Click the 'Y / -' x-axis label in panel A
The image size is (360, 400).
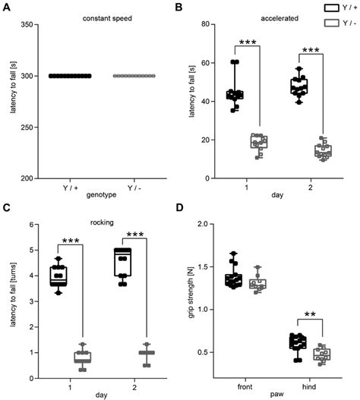(x=135, y=186)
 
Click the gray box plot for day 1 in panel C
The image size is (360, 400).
(x=82, y=357)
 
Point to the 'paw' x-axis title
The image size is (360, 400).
(x=277, y=392)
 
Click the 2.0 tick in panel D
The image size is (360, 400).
(x=210, y=224)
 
